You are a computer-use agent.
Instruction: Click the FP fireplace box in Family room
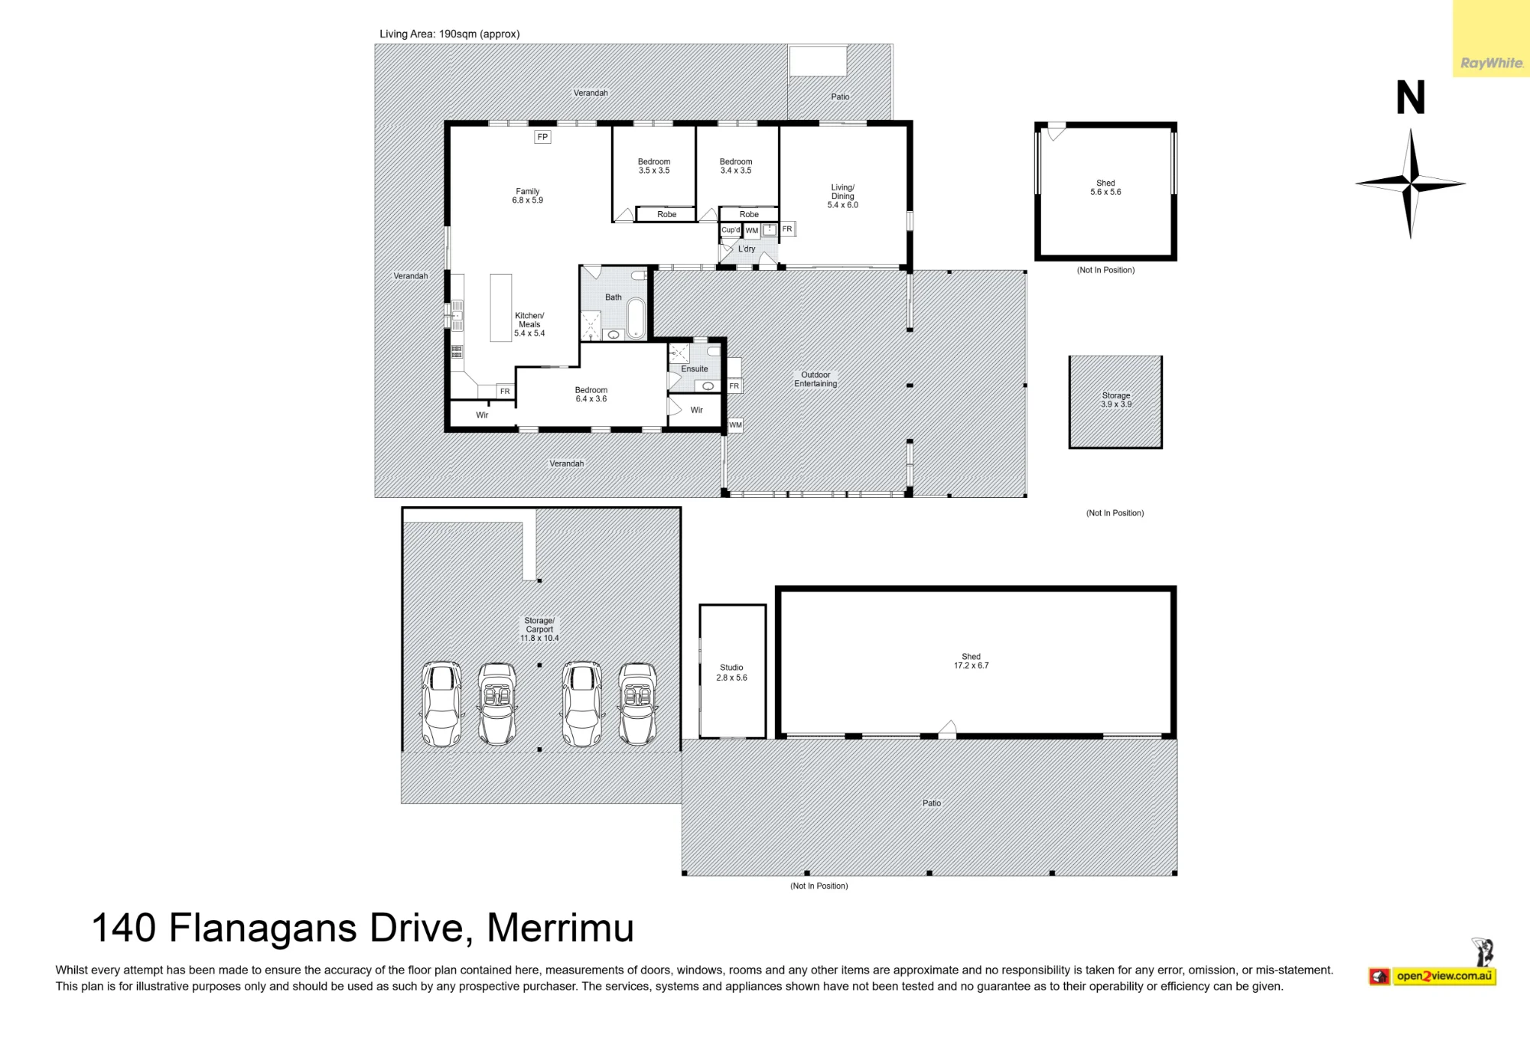click(x=542, y=137)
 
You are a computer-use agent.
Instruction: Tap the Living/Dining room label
click(x=842, y=196)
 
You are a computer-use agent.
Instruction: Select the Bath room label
click(x=614, y=297)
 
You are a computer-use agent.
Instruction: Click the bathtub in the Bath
click(x=636, y=318)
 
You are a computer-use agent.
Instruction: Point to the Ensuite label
click(x=695, y=369)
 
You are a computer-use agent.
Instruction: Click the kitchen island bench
click(x=501, y=307)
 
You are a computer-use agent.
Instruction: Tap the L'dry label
click(x=747, y=249)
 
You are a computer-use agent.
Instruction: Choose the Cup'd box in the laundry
click(x=731, y=229)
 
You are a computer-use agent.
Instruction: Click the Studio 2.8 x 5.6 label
click(x=731, y=672)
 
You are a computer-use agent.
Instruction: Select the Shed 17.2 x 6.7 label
click(x=971, y=661)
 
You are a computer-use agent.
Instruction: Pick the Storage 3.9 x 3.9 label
click(x=1116, y=400)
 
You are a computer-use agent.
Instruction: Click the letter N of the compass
click(x=1411, y=97)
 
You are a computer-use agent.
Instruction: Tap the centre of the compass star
click(x=1411, y=184)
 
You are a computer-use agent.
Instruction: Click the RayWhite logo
click(x=1492, y=63)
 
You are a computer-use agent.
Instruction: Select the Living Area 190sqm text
click(x=450, y=34)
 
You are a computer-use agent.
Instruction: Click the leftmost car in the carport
click(x=441, y=704)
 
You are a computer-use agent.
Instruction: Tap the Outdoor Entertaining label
click(x=815, y=379)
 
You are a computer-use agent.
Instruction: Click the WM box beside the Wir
click(x=735, y=425)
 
